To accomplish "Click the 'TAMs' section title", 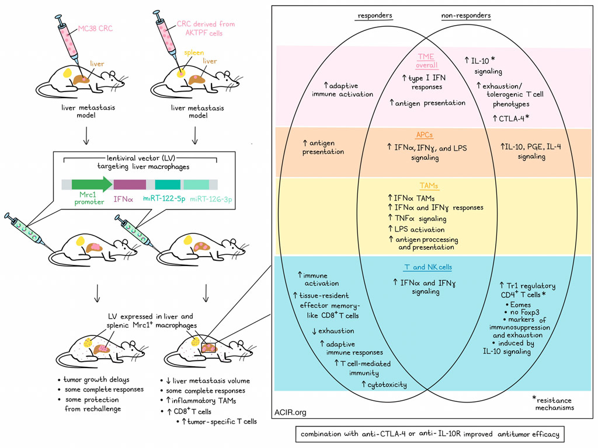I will pyautogui.click(x=425, y=185).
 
